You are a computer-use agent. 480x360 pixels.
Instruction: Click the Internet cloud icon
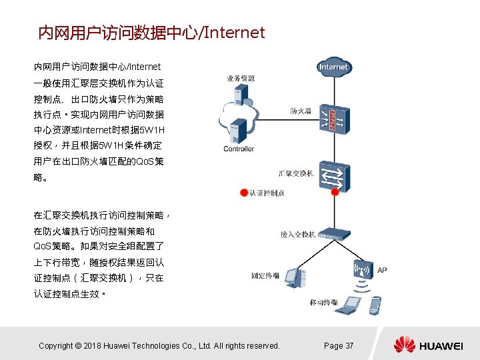pos(333,67)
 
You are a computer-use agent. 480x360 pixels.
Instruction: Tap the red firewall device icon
pos(333,119)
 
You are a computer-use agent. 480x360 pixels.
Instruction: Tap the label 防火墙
pos(301,111)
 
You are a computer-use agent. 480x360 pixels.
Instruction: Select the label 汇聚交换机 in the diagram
pos(297,174)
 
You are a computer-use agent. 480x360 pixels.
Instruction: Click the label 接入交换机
pos(297,234)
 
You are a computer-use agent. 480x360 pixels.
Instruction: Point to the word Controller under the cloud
pos(239,149)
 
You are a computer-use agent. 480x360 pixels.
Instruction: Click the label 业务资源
pos(240,78)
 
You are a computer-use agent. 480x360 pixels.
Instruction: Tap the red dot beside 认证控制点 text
pos(244,193)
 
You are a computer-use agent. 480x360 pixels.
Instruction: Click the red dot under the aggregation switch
pos(335,193)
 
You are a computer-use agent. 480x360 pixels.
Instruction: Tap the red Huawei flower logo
pos(404,345)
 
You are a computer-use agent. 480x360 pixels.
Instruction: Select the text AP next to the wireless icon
pos(382,270)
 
